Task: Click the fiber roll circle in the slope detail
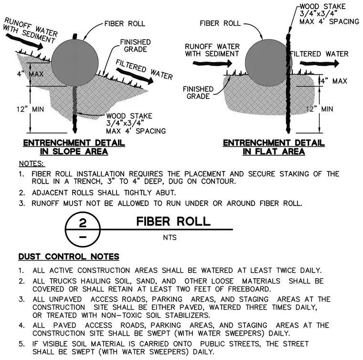coord(75,63)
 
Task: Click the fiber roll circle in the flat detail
coord(268,63)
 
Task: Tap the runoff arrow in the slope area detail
coord(24,42)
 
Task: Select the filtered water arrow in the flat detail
coord(320,63)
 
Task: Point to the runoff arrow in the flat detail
coord(212,63)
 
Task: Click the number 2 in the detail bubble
coord(83,223)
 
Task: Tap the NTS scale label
coord(170,238)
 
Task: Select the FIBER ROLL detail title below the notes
coord(173,221)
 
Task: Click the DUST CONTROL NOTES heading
coord(69,257)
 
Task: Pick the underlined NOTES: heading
coord(31,164)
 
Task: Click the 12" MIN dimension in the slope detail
coord(30,109)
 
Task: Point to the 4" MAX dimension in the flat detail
coord(334,81)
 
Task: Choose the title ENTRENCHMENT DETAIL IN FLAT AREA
coord(274,147)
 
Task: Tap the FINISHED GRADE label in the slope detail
coord(136,45)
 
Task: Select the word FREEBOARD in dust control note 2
coord(249,289)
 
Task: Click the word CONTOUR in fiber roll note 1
coord(218,181)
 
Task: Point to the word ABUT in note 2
coord(166,193)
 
